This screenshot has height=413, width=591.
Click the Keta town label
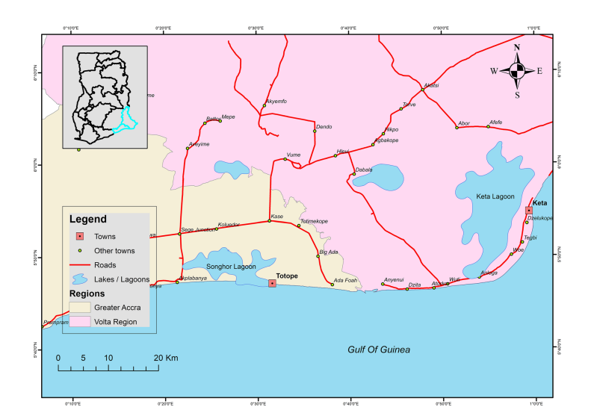click(539, 203)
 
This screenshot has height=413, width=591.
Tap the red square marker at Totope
click(272, 283)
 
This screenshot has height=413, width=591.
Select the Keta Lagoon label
click(495, 196)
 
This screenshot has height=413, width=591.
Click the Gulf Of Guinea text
click(379, 350)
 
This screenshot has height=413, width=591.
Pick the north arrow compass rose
click(516, 71)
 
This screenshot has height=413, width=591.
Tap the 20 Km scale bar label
click(167, 358)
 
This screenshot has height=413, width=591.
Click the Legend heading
click(87, 220)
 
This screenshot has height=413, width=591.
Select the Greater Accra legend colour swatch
click(80, 307)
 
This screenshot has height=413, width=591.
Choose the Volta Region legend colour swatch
click(80, 321)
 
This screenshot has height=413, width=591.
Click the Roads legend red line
click(79, 264)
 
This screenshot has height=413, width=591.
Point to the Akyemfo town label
click(276, 102)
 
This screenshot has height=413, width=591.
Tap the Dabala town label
click(364, 170)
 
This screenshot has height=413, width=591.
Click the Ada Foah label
click(345, 280)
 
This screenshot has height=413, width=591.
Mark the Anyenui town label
click(394, 280)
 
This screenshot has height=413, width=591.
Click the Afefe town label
click(495, 122)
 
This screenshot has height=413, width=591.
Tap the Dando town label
click(324, 127)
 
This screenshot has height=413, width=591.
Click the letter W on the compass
click(494, 71)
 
